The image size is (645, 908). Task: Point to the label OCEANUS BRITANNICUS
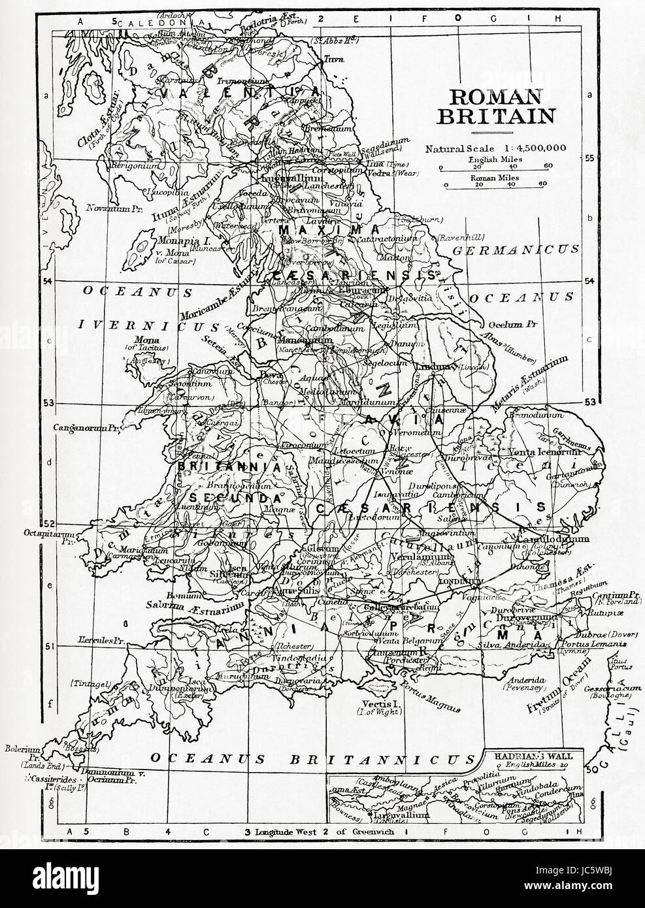pos(311,758)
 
